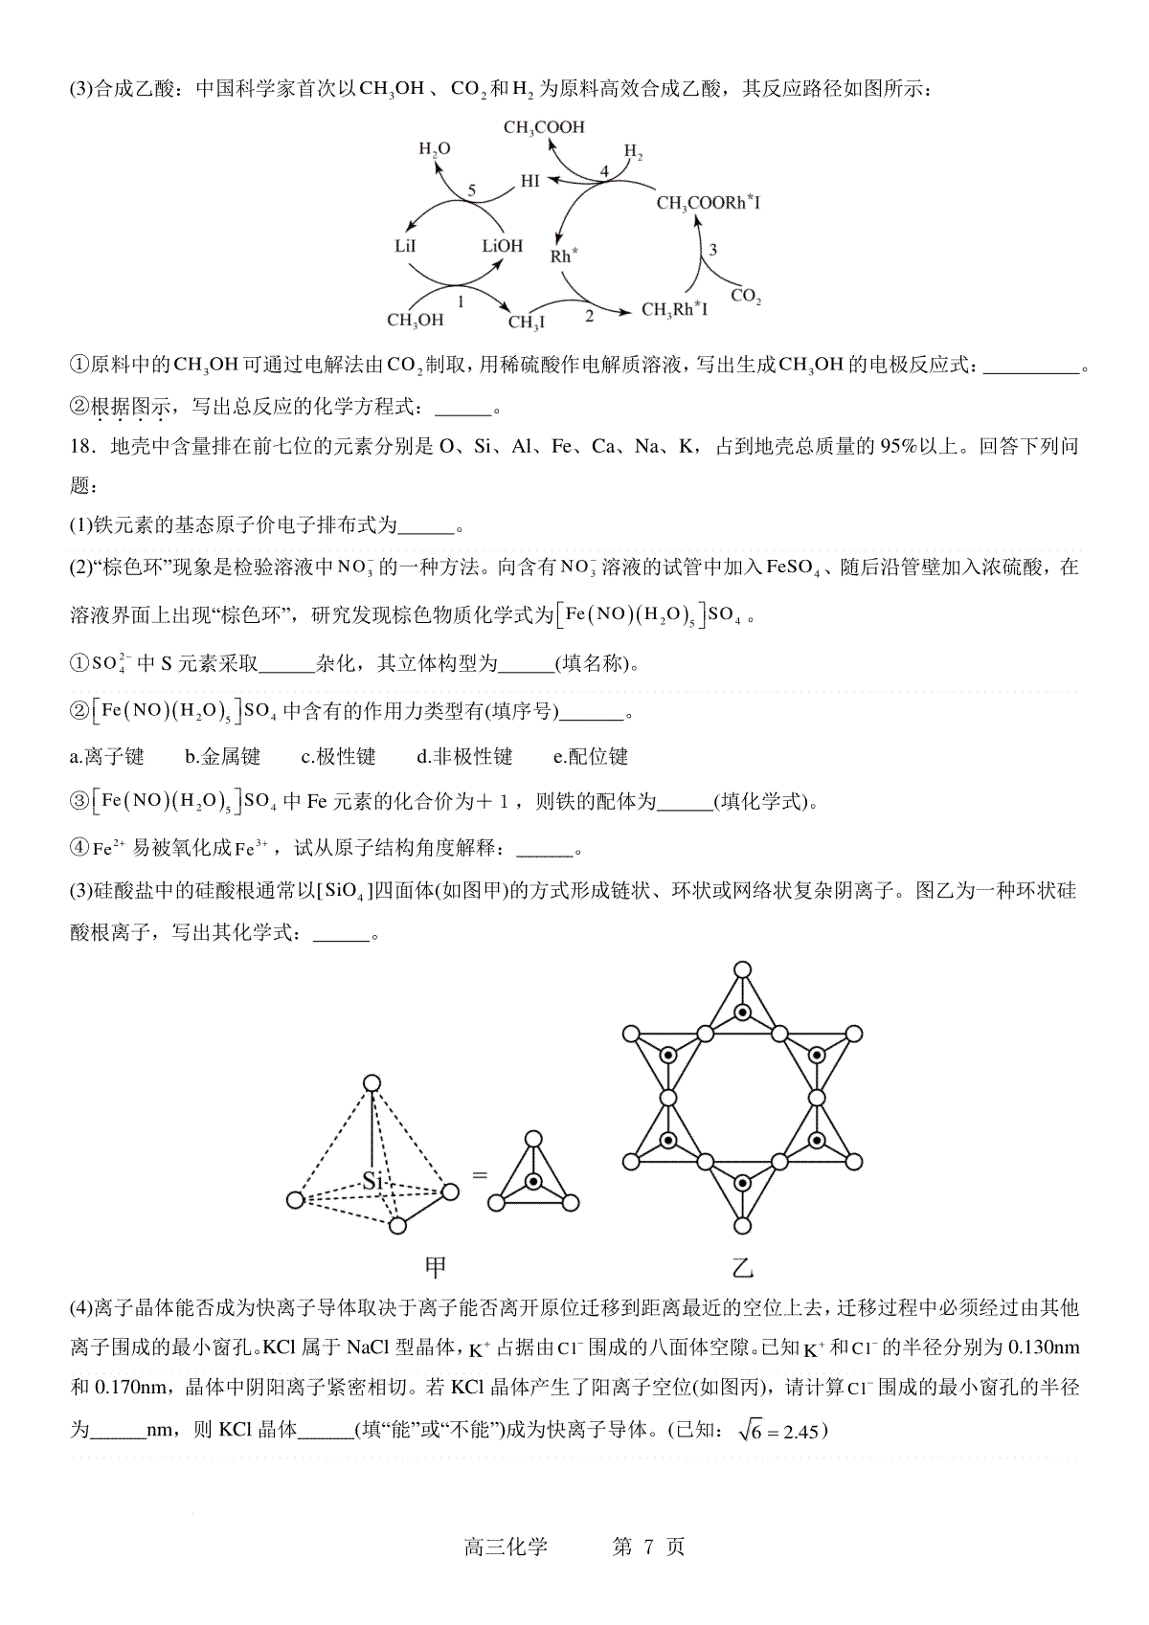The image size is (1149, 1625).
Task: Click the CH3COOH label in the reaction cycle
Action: point(543,127)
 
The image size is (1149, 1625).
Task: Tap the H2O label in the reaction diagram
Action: point(435,149)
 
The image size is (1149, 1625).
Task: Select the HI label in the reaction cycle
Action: point(529,180)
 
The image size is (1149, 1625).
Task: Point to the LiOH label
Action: point(503,246)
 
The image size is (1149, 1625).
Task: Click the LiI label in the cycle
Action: point(405,246)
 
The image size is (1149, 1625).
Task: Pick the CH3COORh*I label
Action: point(709,203)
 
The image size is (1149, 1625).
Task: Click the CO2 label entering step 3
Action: point(746,296)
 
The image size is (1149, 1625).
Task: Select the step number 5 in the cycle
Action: point(471,189)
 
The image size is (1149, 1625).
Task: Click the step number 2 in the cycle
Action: point(589,314)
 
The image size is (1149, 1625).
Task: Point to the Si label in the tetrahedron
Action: point(372,1181)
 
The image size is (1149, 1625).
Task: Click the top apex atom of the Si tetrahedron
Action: point(372,1082)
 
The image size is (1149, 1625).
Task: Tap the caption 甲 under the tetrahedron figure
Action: point(436,1268)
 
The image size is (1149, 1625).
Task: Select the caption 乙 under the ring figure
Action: point(742,1268)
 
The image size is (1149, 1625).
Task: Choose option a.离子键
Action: point(107,757)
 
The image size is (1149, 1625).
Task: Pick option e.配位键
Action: point(591,757)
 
